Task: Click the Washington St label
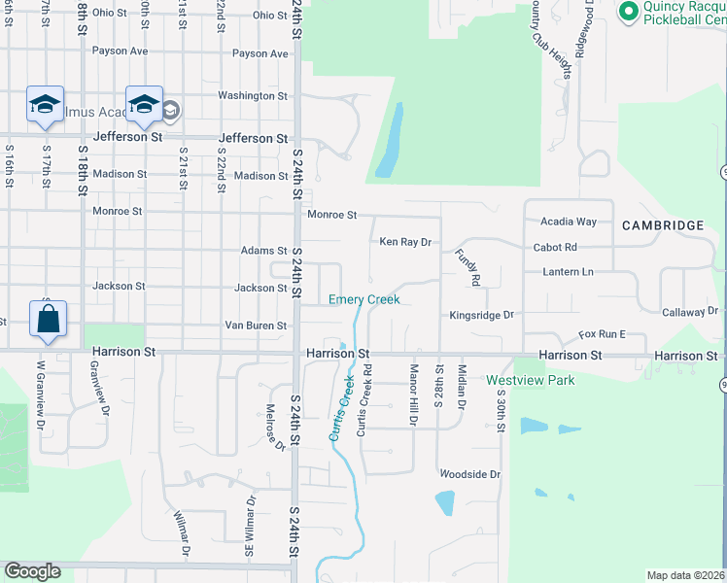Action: click(253, 96)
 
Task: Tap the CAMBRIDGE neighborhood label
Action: click(663, 225)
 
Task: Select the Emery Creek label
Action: click(364, 299)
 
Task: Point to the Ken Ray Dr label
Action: click(404, 242)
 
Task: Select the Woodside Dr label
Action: click(469, 474)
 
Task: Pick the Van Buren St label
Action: click(256, 326)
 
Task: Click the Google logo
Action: click(32, 571)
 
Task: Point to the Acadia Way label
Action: click(569, 222)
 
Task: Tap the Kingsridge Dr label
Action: click(480, 316)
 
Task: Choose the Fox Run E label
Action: click(603, 334)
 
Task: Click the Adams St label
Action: click(264, 251)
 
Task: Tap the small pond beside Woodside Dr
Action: click(444, 502)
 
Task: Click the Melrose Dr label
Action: click(275, 429)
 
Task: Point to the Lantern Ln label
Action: click(569, 272)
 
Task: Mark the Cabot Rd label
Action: click(555, 248)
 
